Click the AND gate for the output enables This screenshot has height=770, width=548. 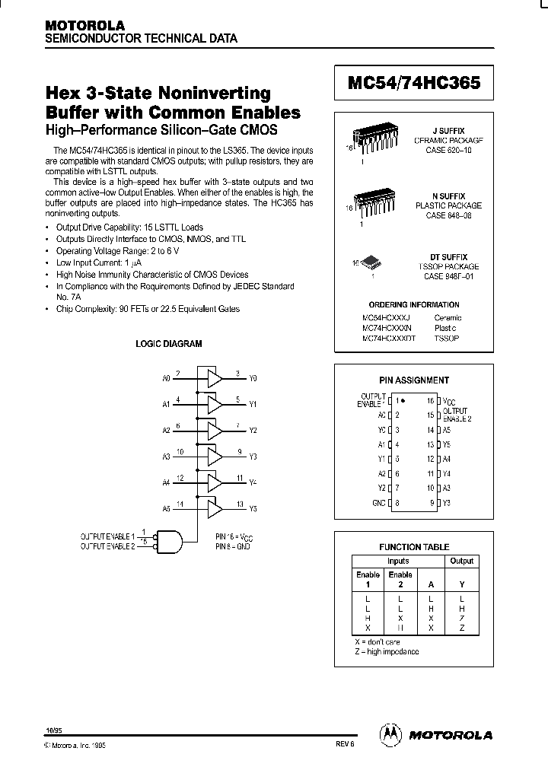click(x=169, y=541)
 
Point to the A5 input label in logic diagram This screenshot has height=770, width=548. click(x=167, y=508)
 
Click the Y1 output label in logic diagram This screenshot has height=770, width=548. click(x=253, y=404)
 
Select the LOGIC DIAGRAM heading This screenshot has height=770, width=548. click(x=169, y=344)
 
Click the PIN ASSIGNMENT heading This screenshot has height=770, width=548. click(x=414, y=380)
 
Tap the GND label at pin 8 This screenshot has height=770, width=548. click(x=378, y=502)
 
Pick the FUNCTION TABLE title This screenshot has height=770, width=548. click(x=414, y=547)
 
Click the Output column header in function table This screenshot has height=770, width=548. click(x=461, y=561)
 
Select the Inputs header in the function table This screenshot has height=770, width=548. click(x=398, y=561)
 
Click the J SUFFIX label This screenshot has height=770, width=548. click(x=448, y=131)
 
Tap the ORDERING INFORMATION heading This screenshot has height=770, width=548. click(x=414, y=304)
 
